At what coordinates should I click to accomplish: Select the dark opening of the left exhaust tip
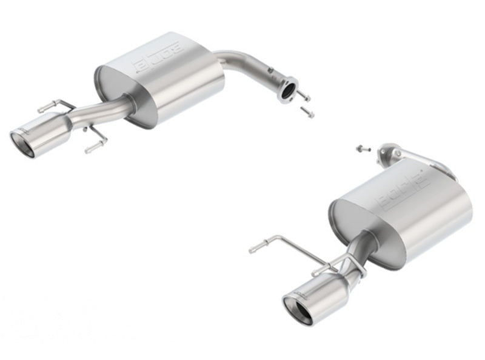click(22, 142)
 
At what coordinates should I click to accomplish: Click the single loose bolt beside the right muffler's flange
click(360, 147)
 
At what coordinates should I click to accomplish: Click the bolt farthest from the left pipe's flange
click(308, 112)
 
